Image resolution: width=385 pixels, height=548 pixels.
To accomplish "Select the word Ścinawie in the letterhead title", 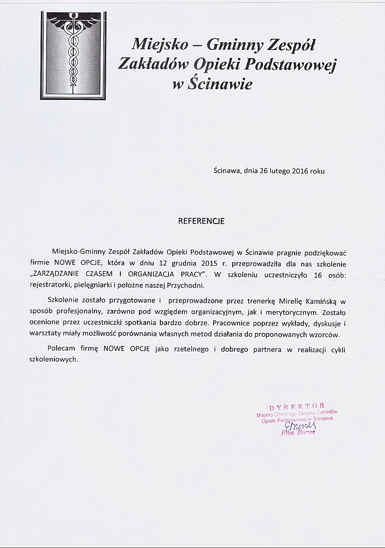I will (219, 83).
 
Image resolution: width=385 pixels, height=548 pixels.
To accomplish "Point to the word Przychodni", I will (189, 286).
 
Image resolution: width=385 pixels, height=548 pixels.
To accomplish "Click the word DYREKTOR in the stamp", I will (297, 406).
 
